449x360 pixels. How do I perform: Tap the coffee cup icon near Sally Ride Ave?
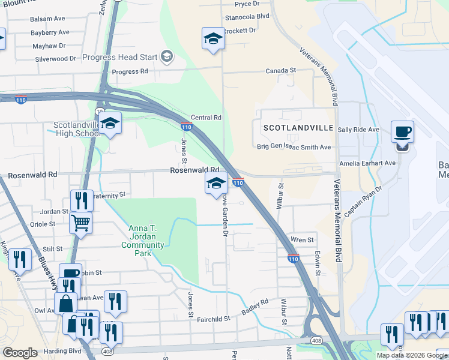(x=402, y=132)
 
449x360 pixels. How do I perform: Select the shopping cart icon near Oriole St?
(x=80, y=223)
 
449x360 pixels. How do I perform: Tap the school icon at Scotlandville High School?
(x=109, y=123)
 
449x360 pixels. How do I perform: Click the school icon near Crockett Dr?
(x=212, y=39)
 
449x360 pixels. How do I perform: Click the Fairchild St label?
(x=214, y=319)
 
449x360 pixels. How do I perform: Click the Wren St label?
(x=303, y=239)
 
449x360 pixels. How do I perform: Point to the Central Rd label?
(x=206, y=118)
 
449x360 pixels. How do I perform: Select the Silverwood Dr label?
(x=55, y=59)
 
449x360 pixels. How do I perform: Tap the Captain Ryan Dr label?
(x=364, y=202)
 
